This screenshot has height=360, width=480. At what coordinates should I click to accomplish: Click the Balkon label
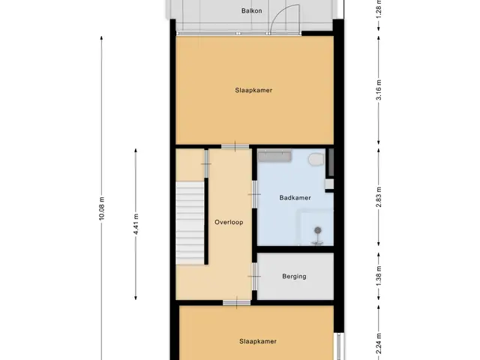click(x=252, y=10)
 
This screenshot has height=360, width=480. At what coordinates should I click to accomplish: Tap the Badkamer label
click(x=295, y=198)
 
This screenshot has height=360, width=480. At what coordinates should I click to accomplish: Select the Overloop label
click(x=229, y=222)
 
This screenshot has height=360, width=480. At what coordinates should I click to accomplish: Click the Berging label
click(x=294, y=277)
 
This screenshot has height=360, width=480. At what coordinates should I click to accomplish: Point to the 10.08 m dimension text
click(x=102, y=208)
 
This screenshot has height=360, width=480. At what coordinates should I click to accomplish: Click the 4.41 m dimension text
click(x=136, y=224)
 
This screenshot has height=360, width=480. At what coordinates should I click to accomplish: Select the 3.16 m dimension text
click(x=379, y=90)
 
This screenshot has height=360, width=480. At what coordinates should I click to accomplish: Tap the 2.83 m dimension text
click(x=379, y=196)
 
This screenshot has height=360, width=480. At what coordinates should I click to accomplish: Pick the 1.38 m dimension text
click(x=379, y=276)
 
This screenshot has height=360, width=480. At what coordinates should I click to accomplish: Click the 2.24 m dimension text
click(x=379, y=343)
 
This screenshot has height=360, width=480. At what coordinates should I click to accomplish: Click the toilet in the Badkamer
click(x=316, y=159)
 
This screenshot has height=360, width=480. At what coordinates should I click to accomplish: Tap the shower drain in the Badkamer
click(x=318, y=230)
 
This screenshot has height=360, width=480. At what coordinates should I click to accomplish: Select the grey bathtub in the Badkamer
click(x=274, y=156)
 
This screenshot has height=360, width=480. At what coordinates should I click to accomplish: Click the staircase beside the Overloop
click(x=190, y=223)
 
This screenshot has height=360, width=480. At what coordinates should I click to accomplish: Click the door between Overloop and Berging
click(x=254, y=277)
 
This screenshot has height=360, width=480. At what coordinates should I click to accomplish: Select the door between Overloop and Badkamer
click(x=254, y=194)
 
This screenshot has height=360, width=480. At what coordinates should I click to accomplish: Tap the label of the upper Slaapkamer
click(x=253, y=90)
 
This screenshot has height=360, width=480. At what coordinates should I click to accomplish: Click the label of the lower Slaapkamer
click(x=258, y=341)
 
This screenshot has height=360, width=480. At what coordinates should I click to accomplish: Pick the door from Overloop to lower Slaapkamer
click(x=237, y=303)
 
